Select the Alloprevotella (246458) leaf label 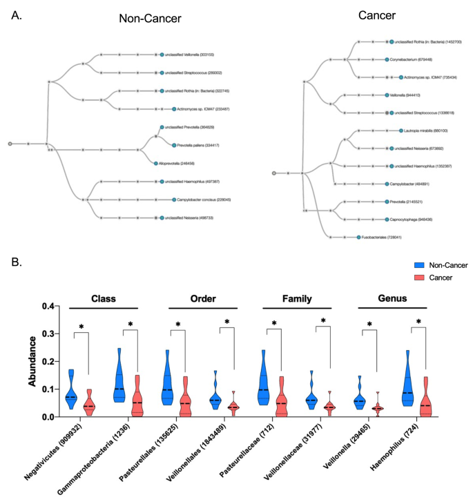(x=182, y=163)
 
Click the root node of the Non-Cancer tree (x=10, y=144)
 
